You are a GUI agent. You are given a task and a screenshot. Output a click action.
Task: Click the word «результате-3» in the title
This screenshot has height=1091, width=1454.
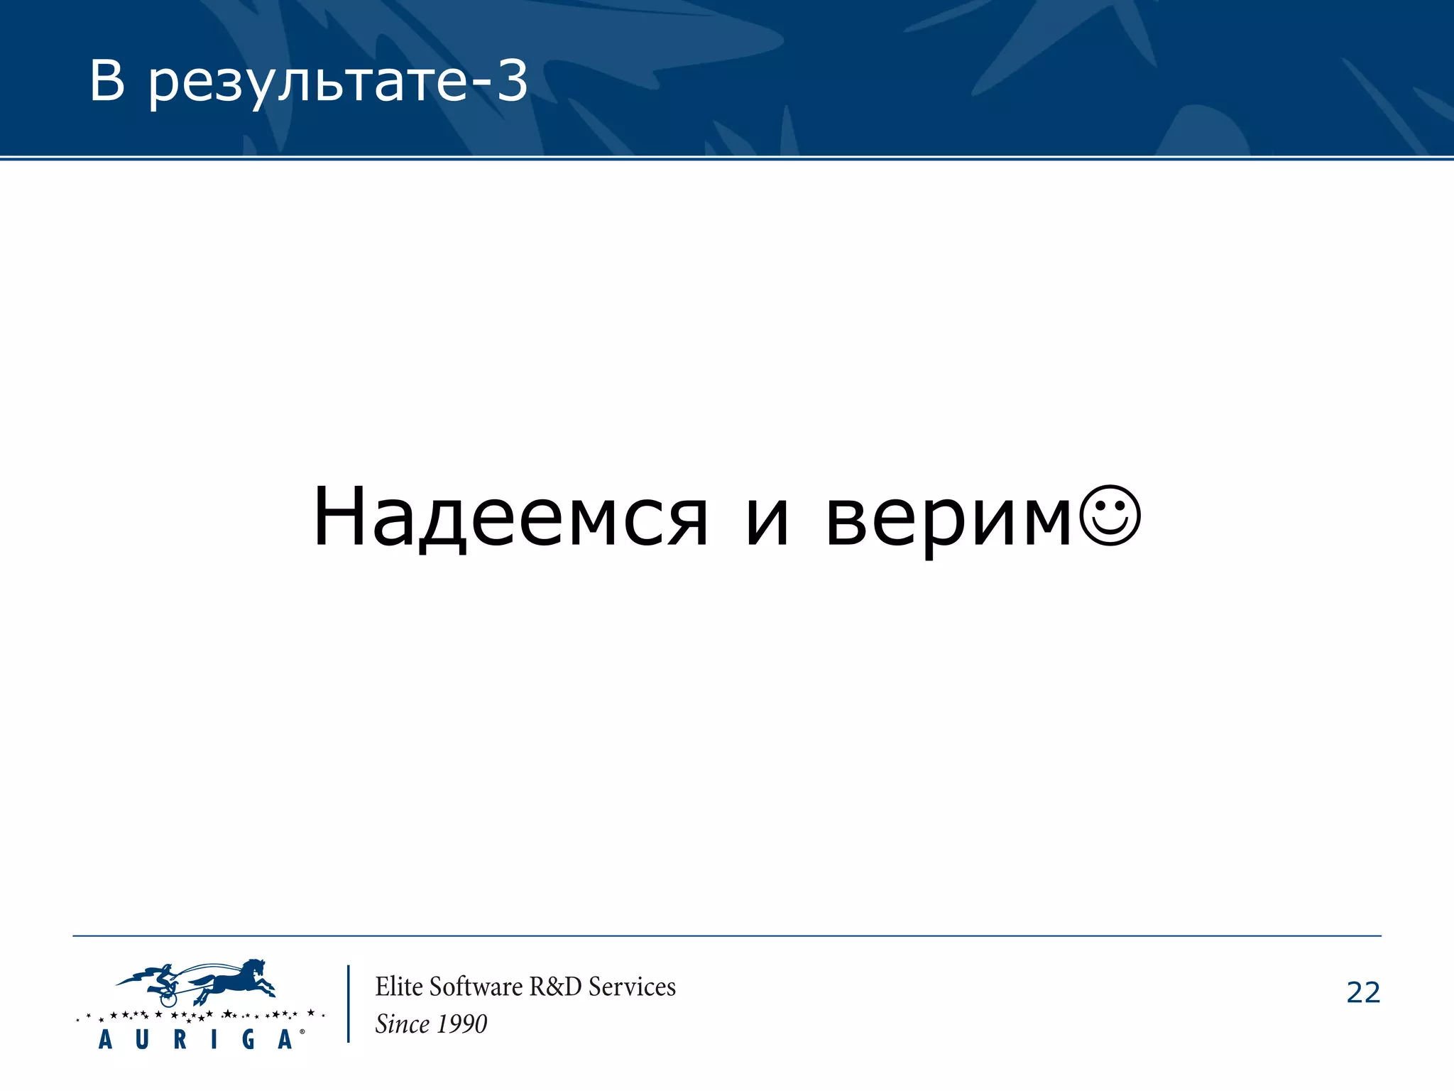click(x=338, y=82)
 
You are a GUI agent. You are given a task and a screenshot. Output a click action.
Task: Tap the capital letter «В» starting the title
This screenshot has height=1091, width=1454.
click(x=106, y=81)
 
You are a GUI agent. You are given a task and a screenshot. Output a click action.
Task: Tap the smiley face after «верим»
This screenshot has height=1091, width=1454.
click(x=1110, y=516)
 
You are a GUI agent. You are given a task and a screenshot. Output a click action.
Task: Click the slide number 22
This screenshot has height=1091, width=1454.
click(x=1363, y=993)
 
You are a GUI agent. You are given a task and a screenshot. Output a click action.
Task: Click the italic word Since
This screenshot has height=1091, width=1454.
click(x=403, y=1024)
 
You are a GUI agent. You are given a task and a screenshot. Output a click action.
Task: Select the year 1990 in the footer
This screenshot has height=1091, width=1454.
click(x=461, y=1024)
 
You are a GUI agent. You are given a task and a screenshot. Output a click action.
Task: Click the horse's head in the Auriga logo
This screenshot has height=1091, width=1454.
click(x=253, y=968)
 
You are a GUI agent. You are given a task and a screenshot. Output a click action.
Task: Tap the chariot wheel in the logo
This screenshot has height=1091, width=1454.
click(x=168, y=999)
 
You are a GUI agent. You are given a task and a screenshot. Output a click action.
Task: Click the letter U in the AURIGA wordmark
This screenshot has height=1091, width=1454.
click(x=142, y=1040)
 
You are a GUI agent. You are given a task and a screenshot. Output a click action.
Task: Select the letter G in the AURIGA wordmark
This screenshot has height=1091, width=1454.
click(x=248, y=1040)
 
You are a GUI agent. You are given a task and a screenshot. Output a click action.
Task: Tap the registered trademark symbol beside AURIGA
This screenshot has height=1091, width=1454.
click(x=302, y=1031)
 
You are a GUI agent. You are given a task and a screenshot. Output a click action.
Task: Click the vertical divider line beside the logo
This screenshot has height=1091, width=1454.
click(x=349, y=1004)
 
